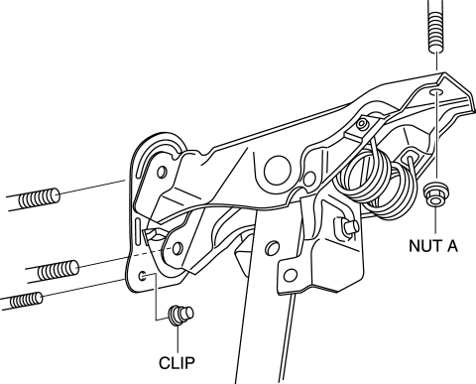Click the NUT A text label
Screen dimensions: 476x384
[x=433, y=246]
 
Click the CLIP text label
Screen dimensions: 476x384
[x=177, y=363]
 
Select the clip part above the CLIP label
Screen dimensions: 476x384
[x=181, y=316]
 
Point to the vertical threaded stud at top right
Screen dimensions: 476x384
[x=436, y=26]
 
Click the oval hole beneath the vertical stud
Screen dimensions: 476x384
[x=436, y=92]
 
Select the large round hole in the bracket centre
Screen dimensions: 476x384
[x=278, y=172]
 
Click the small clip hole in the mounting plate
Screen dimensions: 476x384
[x=143, y=276]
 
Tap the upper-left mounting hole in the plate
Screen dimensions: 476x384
[x=162, y=173]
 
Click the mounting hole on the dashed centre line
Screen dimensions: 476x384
[x=178, y=248]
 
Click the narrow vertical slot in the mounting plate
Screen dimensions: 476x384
[x=137, y=231]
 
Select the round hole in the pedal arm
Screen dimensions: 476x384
[x=272, y=248]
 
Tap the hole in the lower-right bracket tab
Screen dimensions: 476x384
[x=291, y=276]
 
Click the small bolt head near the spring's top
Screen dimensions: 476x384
[x=362, y=124]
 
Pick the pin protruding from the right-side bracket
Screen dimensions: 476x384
[x=348, y=227]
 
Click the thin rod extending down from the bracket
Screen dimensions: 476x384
[x=287, y=337]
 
